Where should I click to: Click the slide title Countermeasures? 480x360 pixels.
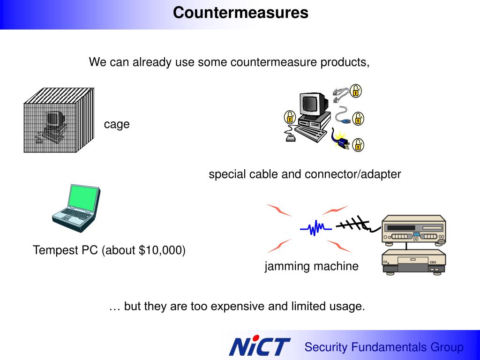coord(240,13)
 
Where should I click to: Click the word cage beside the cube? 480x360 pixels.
coord(117,124)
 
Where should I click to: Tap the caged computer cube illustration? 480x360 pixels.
coord(59,120)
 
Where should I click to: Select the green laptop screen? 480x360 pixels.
coord(83,197)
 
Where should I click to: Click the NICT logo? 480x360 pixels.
coord(259,346)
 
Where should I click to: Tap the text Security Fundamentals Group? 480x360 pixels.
coord(383,347)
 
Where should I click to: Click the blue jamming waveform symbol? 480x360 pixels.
coord(316,228)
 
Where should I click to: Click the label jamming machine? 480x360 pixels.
coord(311,266)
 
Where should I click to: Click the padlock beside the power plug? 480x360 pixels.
coord(358,145)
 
